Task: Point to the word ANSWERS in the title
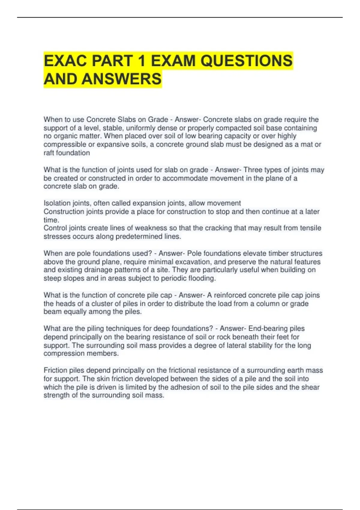click(121, 79)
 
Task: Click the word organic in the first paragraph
click(66, 136)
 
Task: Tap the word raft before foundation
click(49, 153)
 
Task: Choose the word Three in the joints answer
click(253, 170)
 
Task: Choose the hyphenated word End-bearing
click(276, 328)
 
